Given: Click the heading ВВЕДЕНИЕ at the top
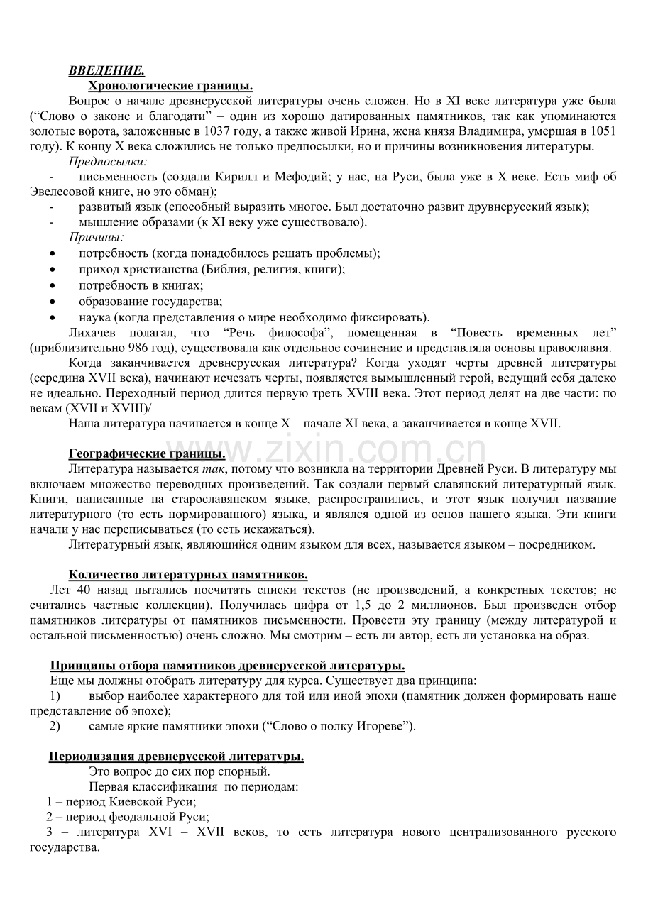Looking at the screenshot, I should (x=106, y=71).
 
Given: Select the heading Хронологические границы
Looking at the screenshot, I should (x=170, y=86).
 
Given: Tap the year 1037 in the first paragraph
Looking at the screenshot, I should (x=216, y=131).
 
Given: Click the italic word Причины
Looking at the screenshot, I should (x=97, y=237).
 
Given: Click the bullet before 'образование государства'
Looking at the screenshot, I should (x=54, y=302).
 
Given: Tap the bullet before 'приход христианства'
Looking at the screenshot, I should (x=54, y=270).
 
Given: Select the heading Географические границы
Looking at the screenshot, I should (x=147, y=453).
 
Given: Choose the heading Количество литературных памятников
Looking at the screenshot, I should (x=188, y=574).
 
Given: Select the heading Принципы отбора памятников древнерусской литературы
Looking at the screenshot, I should (x=227, y=665).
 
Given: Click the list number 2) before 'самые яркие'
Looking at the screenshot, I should (x=55, y=726).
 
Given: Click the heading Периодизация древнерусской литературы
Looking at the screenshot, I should (x=176, y=756).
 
